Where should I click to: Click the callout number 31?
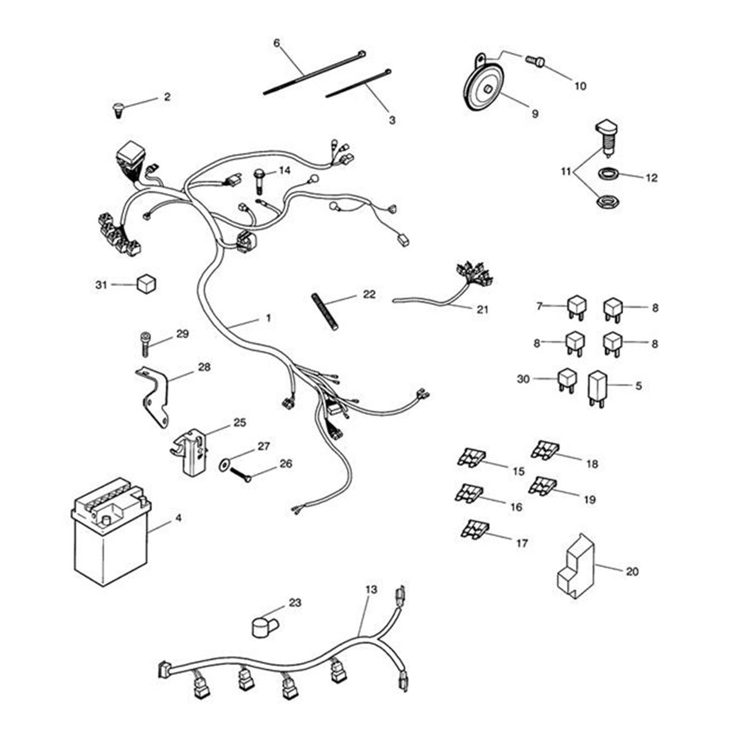pyautogui.click(x=101, y=285)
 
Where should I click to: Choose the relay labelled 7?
pyautogui.click(x=574, y=306)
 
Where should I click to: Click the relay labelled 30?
pyautogui.click(x=567, y=380)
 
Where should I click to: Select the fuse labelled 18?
pyautogui.click(x=544, y=451)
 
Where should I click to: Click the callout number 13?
pyautogui.click(x=370, y=589)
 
